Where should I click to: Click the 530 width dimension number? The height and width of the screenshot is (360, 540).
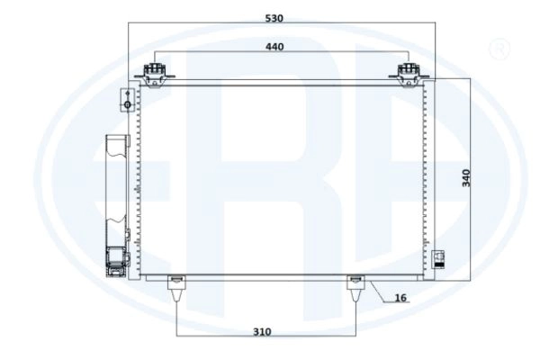point(274,18)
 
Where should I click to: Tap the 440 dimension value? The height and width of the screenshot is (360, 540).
point(274,47)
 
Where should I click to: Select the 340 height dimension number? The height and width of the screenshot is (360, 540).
point(466,178)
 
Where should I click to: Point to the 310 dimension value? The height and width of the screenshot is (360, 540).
point(262,332)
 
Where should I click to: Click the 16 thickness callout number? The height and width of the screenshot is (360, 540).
point(400,298)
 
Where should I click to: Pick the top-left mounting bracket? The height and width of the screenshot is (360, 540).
point(155,75)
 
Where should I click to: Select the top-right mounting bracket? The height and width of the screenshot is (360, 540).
point(409,75)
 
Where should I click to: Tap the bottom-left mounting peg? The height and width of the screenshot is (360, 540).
point(176,288)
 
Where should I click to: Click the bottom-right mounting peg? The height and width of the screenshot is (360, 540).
point(355,288)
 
